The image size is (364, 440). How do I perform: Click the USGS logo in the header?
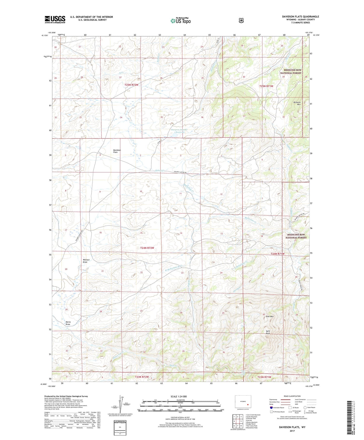(55, 19)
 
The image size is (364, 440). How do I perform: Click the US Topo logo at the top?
(180, 21)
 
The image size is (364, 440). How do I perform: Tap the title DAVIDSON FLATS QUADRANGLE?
(300, 17)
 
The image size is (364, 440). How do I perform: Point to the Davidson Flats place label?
(117, 151)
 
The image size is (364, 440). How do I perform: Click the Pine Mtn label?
(270, 316)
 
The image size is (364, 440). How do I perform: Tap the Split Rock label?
(268, 332)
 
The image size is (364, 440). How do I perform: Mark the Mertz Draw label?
(68, 323)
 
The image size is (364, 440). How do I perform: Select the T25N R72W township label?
(131, 85)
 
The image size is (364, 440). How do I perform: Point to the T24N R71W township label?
(277, 254)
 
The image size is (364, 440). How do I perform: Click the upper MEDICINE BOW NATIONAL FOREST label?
(290, 72)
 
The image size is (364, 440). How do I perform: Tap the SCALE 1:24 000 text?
(179, 396)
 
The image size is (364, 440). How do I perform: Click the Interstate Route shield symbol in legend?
(271, 407)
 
